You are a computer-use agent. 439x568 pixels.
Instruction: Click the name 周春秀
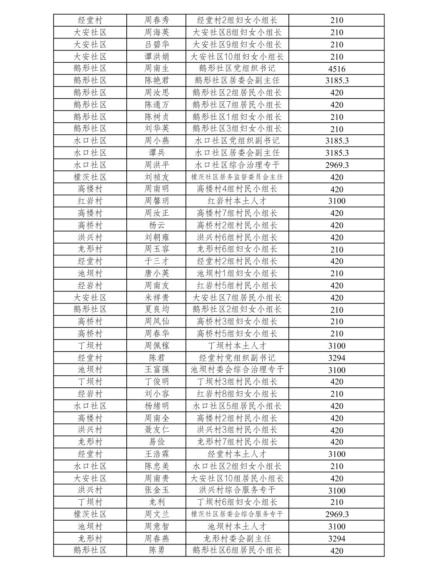click(x=156, y=20)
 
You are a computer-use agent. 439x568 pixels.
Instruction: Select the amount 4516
click(x=337, y=69)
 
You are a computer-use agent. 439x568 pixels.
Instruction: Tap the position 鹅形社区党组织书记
click(x=237, y=68)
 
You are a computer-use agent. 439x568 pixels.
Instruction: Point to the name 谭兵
click(x=156, y=153)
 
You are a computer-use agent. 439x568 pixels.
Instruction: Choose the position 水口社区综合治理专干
click(x=237, y=165)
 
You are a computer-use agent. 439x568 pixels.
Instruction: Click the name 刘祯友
click(x=156, y=177)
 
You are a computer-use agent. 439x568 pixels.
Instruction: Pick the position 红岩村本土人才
click(x=237, y=201)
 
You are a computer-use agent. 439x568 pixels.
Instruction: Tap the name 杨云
click(x=156, y=225)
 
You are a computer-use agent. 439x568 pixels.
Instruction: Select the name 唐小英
click(x=156, y=273)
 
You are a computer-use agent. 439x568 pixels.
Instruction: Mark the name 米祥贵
click(x=156, y=298)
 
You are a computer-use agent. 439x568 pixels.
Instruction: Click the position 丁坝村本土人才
click(x=237, y=346)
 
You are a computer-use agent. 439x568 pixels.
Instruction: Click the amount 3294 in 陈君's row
click(x=337, y=358)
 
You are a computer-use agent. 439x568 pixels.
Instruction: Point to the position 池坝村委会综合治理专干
click(x=237, y=369)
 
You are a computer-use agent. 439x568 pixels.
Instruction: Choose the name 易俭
click(x=156, y=442)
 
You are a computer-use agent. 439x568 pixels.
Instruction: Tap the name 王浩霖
click(x=156, y=454)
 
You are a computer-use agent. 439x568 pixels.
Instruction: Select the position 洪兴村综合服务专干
click(x=237, y=490)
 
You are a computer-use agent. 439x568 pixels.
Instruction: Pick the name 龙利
click(x=156, y=502)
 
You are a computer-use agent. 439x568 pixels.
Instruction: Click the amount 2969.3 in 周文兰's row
click(x=337, y=514)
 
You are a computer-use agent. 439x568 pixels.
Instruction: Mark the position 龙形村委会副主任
click(x=237, y=539)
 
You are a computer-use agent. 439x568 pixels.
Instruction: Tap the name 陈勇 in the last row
click(x=156, y=550)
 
